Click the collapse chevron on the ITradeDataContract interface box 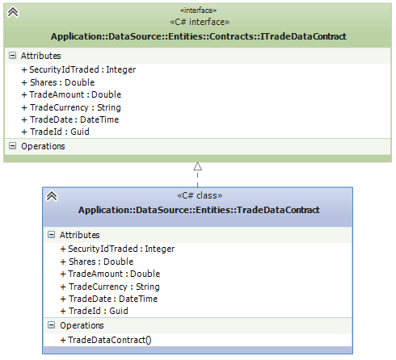(13, 12)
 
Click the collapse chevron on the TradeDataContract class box (52, 196)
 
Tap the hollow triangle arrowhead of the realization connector (198, 166)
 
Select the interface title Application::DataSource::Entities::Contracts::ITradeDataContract (199, 36)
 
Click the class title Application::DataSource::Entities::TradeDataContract (199, 210)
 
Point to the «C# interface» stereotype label (200, 22)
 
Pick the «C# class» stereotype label (200, 195)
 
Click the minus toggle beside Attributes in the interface (12, 56)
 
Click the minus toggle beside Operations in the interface (12, 146)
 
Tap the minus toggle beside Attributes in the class (51, 235)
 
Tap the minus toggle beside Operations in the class (51, 325)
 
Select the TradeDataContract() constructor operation (106, 340)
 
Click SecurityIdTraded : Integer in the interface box (78, 69)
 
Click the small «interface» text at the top (199, 10)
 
